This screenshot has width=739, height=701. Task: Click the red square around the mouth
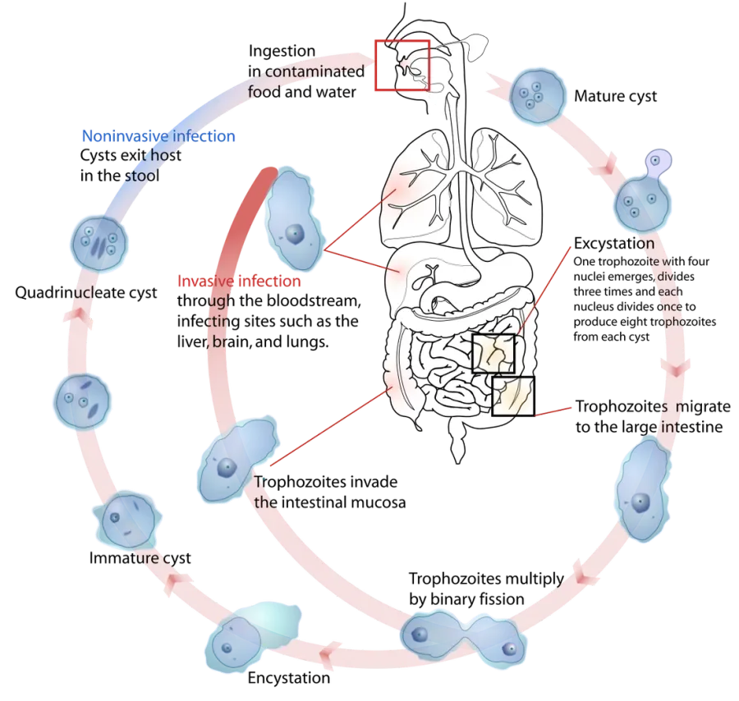pos(375,65)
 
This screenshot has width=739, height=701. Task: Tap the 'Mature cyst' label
pos(615,96)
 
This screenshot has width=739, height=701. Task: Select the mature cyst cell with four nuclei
pos(537,96)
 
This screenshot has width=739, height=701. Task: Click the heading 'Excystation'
pos(613,243)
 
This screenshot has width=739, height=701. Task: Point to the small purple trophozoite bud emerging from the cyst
pos(658,163)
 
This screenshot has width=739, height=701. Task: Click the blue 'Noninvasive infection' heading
pos(158,136)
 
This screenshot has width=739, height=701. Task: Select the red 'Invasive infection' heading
pos(239,282)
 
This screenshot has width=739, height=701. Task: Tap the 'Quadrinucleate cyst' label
pos(85,292)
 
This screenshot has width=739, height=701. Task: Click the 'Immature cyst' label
pos(140,558)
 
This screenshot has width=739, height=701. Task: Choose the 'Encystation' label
pos(289,678)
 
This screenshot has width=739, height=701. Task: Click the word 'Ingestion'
pos(282,51)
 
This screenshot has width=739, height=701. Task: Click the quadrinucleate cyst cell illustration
pos(99,243)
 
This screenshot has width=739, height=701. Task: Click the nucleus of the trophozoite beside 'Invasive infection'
pos(294,233)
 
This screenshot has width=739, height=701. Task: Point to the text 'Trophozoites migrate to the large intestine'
pos(653,416)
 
